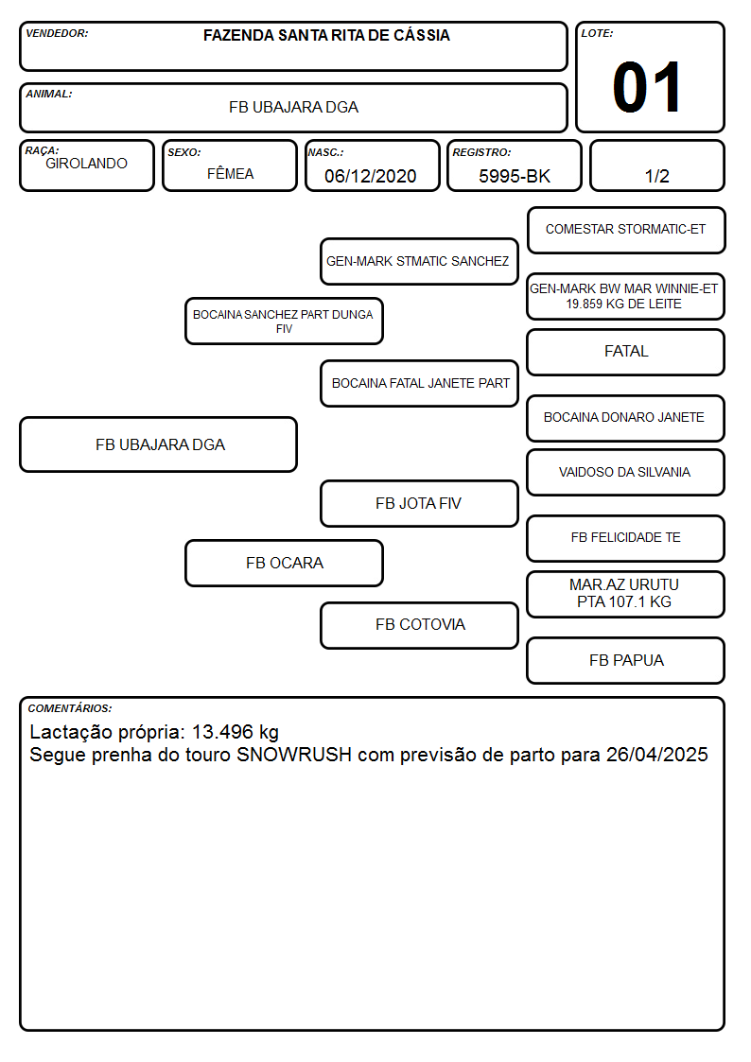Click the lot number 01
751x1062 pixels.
click(647, 87)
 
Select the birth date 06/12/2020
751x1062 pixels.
click(371, 176)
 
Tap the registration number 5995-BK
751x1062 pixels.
click(515, 176)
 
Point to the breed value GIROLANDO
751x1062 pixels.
click(87, 164)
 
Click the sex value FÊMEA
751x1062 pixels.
click(230, 173)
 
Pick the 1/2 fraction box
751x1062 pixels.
click(657, 165)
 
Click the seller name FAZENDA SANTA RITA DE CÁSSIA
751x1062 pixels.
click(326, 35)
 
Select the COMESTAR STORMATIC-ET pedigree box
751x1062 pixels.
click(626, 231)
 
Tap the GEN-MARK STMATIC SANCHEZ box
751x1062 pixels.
click(419, 261)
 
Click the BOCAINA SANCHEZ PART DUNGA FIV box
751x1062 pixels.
click(284, 321)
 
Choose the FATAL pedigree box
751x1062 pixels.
click(626, 352)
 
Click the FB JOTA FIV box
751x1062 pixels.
click(419, 504)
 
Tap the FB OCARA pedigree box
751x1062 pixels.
click(284, 564)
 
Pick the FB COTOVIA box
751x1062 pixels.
click(419, 626)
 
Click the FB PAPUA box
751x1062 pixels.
click(626, 661)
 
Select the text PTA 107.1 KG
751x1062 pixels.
click(624, 602)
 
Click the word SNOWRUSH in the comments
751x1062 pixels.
click(294, 755)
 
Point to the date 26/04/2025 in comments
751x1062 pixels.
click(656, 755)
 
